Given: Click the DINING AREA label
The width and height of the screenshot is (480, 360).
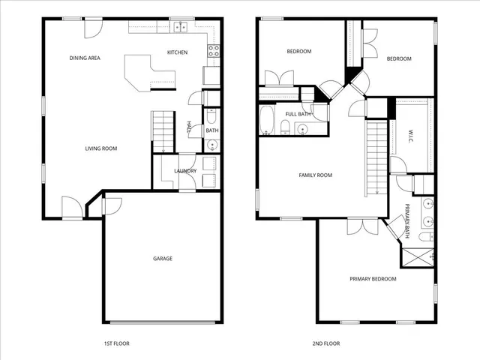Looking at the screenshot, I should [85, 58].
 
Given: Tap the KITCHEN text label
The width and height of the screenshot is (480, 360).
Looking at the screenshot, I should [177, 52].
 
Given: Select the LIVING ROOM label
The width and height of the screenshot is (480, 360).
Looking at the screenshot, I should [100, 148].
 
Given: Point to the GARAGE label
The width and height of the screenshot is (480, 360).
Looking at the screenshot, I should [163, 259].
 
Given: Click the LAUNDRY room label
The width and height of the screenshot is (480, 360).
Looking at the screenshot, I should [185, 171].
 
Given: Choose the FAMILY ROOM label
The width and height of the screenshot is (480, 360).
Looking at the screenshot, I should [315, 175].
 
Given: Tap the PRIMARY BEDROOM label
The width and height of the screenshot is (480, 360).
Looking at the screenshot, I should [373, 279].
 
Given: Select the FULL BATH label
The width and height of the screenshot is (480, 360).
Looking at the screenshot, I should [298, 114].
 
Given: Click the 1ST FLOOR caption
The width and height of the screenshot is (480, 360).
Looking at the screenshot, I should [115, 343].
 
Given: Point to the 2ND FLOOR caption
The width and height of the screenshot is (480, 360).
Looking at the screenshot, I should [325, 343].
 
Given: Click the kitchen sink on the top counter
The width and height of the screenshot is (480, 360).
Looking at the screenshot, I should [181, 28].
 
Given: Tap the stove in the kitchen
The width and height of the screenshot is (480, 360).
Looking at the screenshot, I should [213, 52].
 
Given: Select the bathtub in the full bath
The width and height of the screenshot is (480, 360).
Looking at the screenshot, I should [268, 120].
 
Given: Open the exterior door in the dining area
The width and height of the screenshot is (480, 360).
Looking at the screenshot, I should [91, 28].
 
